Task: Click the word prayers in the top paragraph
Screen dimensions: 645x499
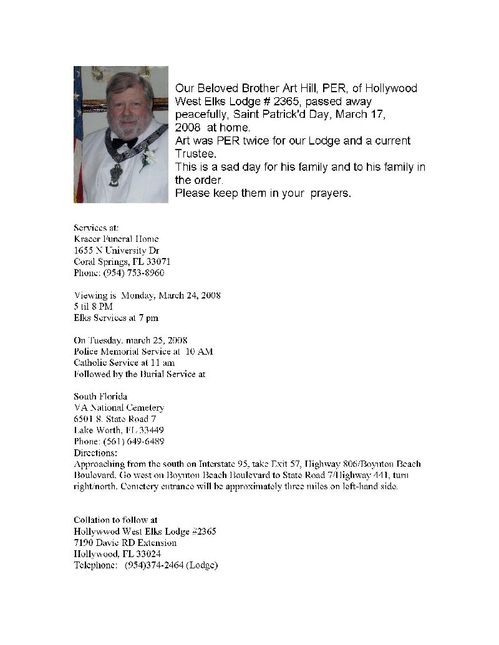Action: [331, 193]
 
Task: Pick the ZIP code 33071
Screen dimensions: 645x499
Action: [158, 262]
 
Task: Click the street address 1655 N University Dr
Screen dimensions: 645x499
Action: [117, 251]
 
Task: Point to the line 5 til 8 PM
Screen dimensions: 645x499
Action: [93, 307]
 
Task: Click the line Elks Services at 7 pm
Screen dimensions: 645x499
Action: [115, 318]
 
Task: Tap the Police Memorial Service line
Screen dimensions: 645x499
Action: [143, 351]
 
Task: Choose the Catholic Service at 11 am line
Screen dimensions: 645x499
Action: [124, 363]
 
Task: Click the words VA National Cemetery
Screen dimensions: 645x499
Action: [119, 408]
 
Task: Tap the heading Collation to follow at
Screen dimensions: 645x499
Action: [115, 520]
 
